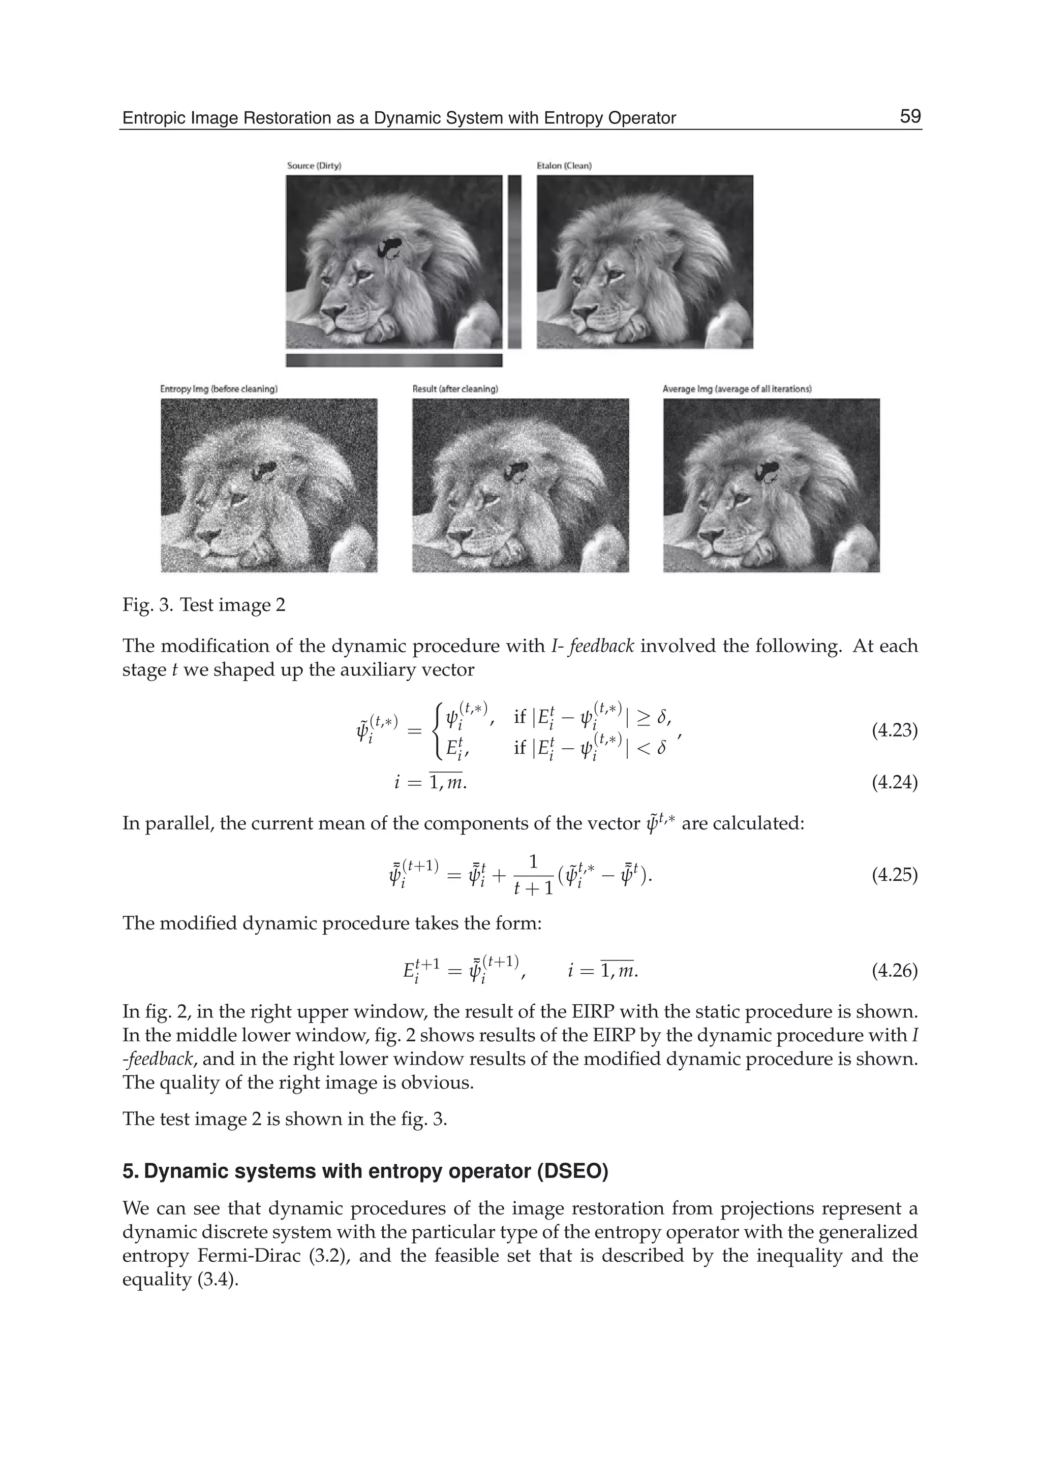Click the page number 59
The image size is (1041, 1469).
909,117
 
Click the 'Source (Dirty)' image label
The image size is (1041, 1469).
314,166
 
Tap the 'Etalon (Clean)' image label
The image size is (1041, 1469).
564,166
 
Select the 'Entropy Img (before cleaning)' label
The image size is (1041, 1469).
219,389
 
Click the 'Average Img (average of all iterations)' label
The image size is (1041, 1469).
737,389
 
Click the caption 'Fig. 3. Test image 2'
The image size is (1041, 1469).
204,605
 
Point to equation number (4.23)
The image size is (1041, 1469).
894,730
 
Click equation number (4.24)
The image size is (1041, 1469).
894,782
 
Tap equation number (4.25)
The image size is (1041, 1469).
894,875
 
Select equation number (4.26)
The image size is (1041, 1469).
894,971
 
